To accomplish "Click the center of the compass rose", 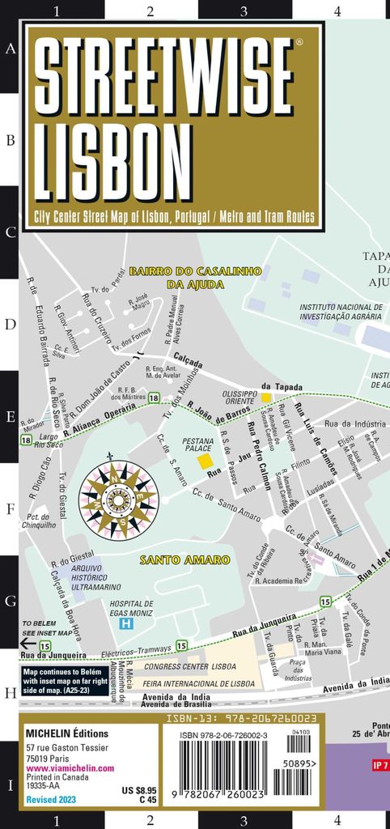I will point(118,501).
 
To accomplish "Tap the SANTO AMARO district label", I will point(175,560).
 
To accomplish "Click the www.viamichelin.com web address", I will point(69,768).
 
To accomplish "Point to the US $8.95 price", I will point(138,789).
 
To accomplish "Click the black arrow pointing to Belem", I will point(28,643).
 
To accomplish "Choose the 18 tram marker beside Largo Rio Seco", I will point(27,439).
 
